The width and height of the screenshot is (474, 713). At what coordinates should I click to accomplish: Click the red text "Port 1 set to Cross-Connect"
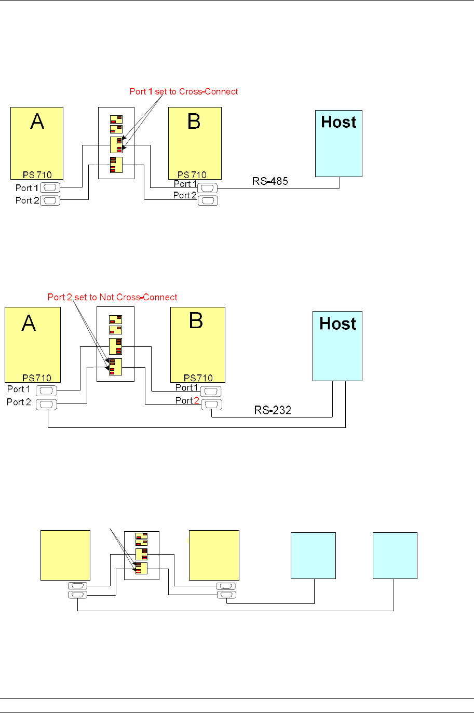pos(184,91)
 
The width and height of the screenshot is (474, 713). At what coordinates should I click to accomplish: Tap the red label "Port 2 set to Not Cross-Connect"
pos(112,297)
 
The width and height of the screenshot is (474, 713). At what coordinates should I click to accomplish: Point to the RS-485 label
pos(270,181)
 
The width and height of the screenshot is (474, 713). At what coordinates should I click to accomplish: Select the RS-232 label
pos(273,410)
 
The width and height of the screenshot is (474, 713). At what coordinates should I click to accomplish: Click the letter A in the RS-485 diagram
pos(37,122)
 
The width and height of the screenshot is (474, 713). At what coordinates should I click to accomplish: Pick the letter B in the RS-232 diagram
pos(196,321)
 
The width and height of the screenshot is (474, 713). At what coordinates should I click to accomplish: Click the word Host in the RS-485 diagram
pos(338,122)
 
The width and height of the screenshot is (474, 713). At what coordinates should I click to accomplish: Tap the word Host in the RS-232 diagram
pos(338,324)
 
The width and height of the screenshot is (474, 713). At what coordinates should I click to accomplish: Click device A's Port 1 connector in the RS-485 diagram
pos(50,187)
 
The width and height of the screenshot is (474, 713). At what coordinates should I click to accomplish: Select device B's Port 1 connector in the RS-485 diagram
pos(208,188)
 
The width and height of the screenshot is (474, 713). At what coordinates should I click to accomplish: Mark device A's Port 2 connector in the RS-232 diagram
pos(46,405)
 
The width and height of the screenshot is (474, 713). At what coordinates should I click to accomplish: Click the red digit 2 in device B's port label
pos(197,400)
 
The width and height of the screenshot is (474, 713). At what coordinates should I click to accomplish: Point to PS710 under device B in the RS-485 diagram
pos(192,175)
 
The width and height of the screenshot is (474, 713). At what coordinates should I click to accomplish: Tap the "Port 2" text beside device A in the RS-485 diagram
pos(27,200)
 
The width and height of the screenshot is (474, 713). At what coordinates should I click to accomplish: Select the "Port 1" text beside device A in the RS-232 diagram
pos(19,389)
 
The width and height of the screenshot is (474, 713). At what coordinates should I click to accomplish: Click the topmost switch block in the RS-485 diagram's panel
pos(116,119)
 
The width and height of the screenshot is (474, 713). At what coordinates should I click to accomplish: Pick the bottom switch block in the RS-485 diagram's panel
pos(116,165)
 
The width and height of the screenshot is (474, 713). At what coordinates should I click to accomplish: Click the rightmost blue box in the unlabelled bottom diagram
pos(395,555)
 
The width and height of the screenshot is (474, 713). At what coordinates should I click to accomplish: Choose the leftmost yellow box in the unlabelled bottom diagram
pos(65,555)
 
